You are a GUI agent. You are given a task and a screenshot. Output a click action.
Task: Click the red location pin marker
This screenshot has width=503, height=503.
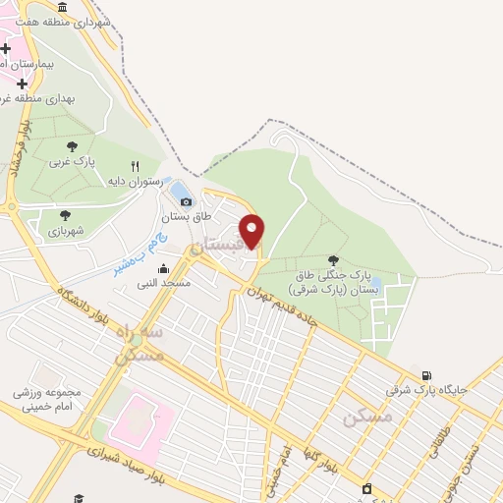click(x=252, y=231)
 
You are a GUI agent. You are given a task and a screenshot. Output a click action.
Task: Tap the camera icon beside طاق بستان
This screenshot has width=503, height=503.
click(x=187, y=202)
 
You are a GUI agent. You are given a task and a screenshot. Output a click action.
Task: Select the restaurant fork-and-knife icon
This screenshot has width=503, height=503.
click(x=136, y=166)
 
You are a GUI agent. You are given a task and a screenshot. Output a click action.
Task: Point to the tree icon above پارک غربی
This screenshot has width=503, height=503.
click(x=71, y=146)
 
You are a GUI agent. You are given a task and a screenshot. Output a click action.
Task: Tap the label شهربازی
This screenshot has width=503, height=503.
click(x=66, y=232)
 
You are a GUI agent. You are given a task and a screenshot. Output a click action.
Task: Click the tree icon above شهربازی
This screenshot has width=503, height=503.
click(x=65, y=215)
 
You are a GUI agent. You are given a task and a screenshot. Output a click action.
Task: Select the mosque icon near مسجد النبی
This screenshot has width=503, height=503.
click(x=163, y=268)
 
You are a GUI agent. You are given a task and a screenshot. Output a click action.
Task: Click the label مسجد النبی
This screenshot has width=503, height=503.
click(x=163, y=283)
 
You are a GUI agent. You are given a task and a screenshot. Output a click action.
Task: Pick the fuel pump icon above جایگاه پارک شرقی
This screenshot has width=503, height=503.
click(x=425, y=375)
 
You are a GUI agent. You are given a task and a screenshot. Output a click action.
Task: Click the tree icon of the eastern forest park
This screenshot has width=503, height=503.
click(x=333, y=260)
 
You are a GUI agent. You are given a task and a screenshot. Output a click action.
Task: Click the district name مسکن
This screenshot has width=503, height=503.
click(x=368, y=418)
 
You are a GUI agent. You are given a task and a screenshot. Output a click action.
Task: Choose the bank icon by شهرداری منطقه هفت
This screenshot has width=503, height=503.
click(x=63, y=7)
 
